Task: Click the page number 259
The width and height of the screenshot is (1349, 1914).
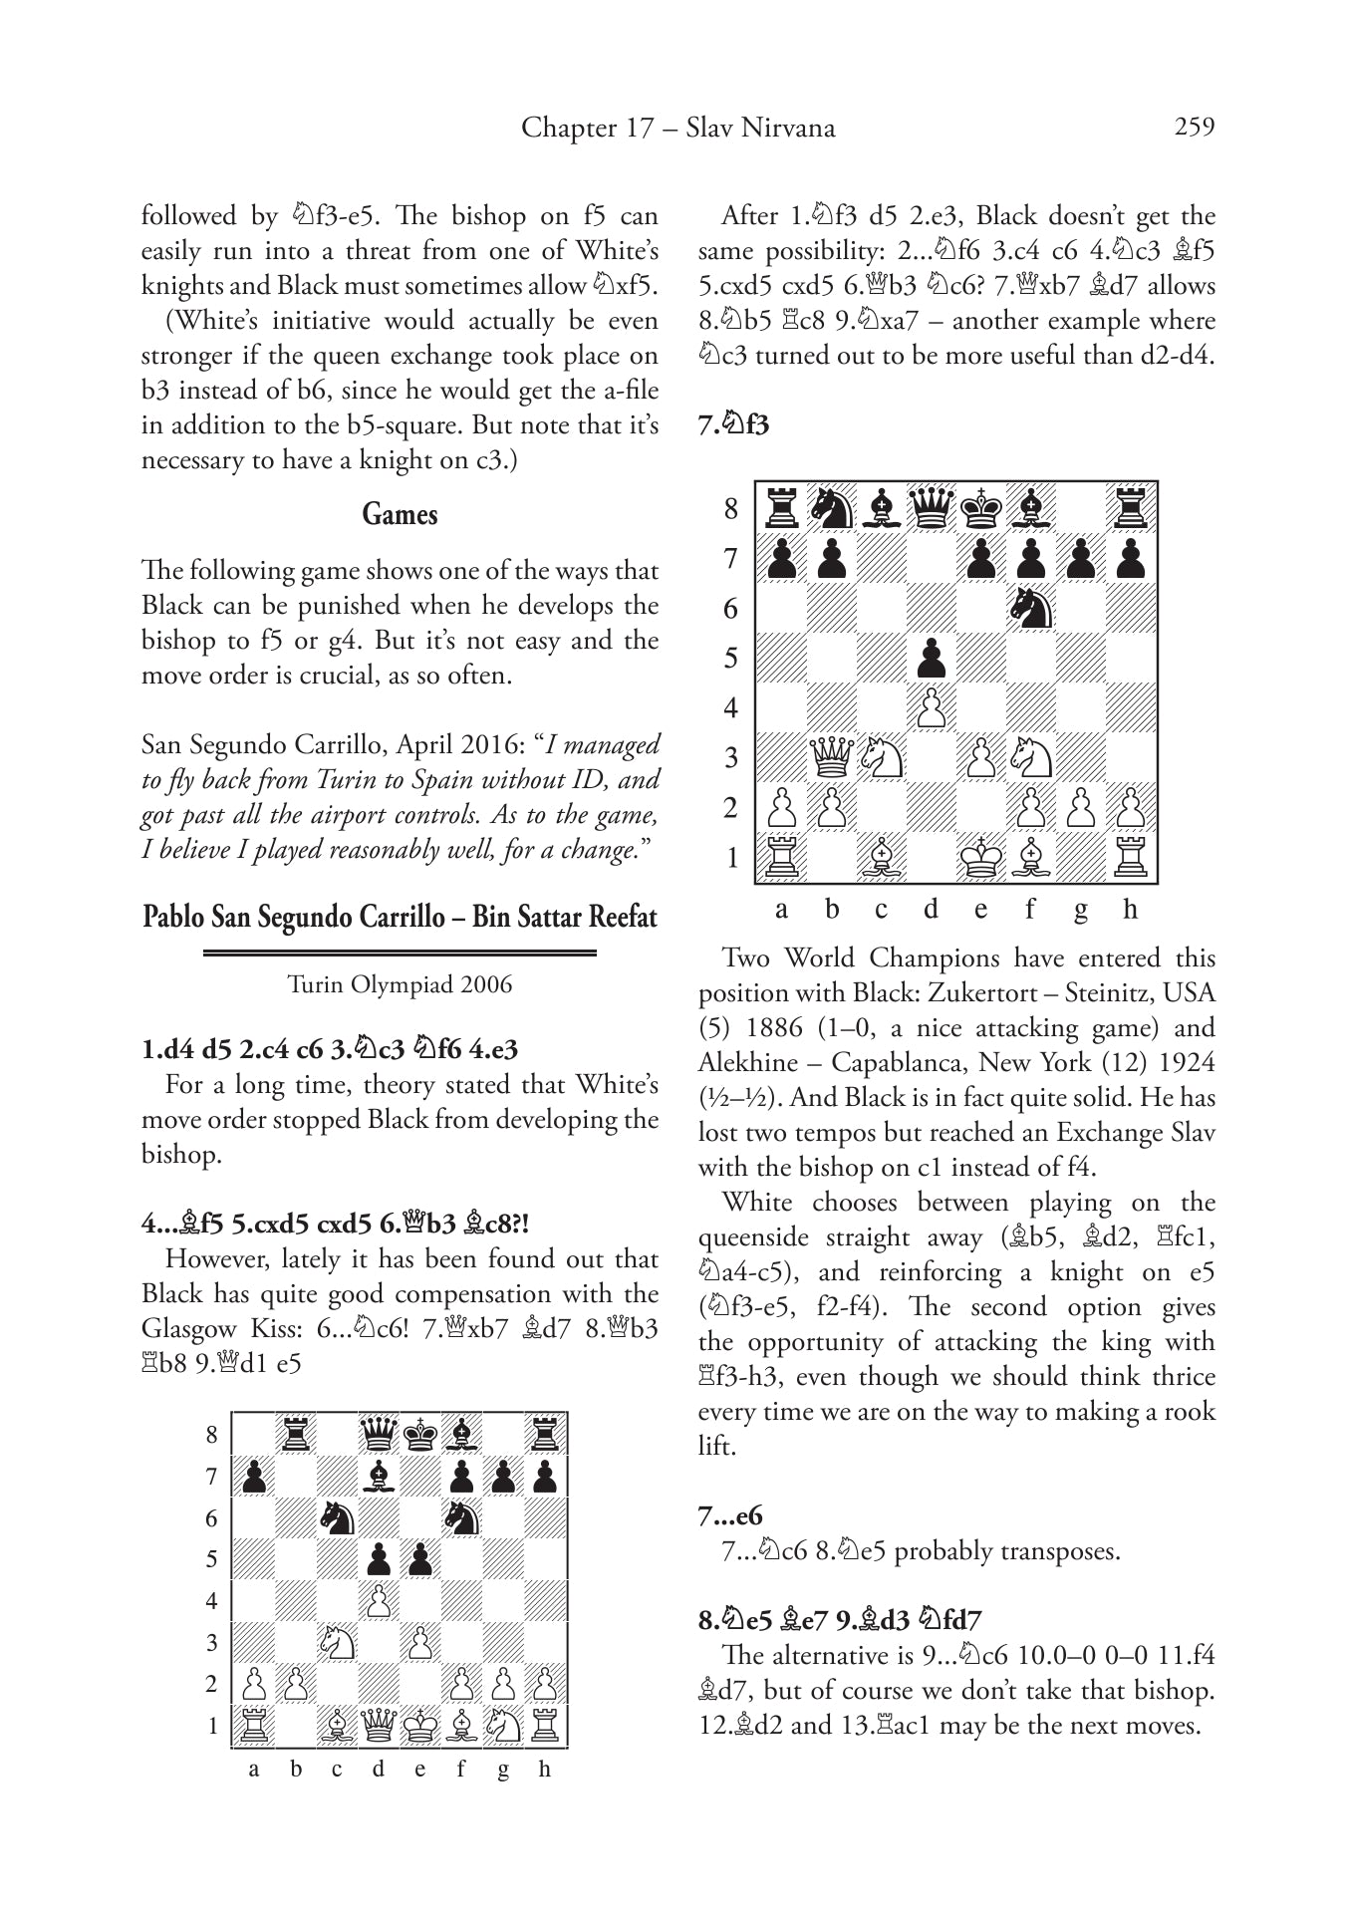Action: pyautogui.click(x=1194, y=128)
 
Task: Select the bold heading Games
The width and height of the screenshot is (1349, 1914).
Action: pyautogui.click(x=400, y=514)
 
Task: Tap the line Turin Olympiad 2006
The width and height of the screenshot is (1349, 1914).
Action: pyautogui.click(x=400, y=984)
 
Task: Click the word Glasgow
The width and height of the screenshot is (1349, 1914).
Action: pyautogui.click(x=188, y=1329)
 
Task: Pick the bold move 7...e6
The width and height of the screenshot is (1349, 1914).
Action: pyautogui.click(x=730, y=1516)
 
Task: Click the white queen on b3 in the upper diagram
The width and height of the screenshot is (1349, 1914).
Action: pyautogui.click(x=831, y=758)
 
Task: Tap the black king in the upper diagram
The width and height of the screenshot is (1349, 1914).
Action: pyautogui.click(x=980, y=508)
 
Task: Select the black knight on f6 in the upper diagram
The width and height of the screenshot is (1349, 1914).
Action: pyautogui.click(x=1030, y=608)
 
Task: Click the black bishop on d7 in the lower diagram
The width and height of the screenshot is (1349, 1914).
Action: pyautogui.click(x=379, y=1476)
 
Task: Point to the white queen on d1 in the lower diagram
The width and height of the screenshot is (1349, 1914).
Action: pyautogui.click(x=379, y=1725)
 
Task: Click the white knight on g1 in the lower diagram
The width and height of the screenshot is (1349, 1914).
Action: pyautogui.click(x=503, y=1725)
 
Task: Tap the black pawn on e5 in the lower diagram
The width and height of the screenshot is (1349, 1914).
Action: pyautogui.click(x=420, y=1559)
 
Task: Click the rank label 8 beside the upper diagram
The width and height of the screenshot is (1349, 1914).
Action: pyautogui.click(x=731, y=509)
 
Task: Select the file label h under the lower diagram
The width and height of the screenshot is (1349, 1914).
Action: pyautogui.click(x=544, y=1770)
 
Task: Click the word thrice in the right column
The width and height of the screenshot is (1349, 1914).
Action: pyautogui.click(x=1180, y=1377)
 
